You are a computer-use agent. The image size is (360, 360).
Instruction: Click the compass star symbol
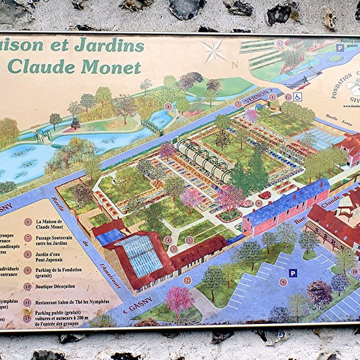point(213,51)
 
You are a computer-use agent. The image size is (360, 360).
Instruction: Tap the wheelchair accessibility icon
point(298,96)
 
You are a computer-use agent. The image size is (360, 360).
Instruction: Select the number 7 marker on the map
point(238,104)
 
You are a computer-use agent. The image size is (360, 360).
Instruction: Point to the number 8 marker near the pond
point(168,106)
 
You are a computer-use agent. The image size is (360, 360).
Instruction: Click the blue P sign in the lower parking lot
point(292,273)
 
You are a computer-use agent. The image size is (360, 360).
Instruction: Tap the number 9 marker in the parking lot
point(283,282)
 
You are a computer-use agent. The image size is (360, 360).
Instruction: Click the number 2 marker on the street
point(187,280)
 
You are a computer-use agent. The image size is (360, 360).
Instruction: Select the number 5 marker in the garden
point(189,240)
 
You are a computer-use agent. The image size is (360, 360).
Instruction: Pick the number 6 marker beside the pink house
point(259,203)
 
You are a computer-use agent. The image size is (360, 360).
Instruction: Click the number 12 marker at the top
point(280,44)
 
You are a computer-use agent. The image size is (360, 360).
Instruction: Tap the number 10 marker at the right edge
point(354,271)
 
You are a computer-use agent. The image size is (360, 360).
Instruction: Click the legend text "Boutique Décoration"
point(56,286)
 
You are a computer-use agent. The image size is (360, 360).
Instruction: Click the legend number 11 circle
point(27,302)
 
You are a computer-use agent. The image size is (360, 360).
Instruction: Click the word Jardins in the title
point(109,45)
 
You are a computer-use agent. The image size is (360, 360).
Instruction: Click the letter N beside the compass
point(235,65)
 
